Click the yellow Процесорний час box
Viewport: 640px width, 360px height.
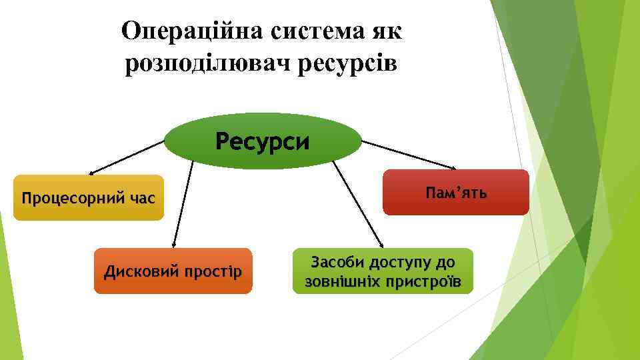(x=88, y=198)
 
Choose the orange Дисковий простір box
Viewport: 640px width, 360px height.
(x=173, y=271)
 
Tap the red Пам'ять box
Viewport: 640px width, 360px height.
(x=455, y=193)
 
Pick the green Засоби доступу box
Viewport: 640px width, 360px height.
(x=382, y=271)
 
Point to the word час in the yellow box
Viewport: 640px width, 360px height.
(x=140, y=198)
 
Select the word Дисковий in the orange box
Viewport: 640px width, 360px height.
(x=136, y=272)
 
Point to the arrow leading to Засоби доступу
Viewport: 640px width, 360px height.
(x=357, y=203)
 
